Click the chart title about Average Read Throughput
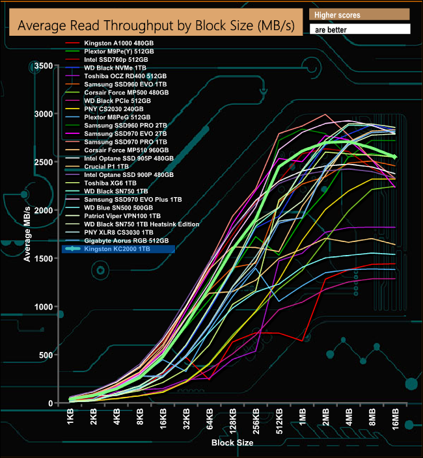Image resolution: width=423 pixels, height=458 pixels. pyautogui.click(x=155, y=26)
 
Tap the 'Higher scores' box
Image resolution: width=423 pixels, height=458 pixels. pyautogui.click(x=359, y=14)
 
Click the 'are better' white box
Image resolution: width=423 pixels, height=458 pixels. pyautogui.click(x=359, y=29)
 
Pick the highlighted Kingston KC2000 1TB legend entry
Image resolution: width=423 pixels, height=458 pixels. pyautogui.click(x=118, y=249)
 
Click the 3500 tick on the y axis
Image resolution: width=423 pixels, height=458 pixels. pyautogui.click(x=45, y=66)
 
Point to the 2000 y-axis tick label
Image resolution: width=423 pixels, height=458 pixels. pyautogui.click(x=45, y=210)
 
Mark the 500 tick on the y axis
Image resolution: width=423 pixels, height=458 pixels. pyautogui.click(x=48, y=355)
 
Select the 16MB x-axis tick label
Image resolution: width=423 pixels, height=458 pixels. pyautogui.click(x=395, y=419)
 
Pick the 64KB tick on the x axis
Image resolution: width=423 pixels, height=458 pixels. pyautogui.click(x=210, y=419)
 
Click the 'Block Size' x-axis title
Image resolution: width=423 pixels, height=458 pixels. pyautogui.click(x=232, y=442)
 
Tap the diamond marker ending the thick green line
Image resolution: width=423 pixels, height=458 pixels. pyautogui.click(x=395, y=157)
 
